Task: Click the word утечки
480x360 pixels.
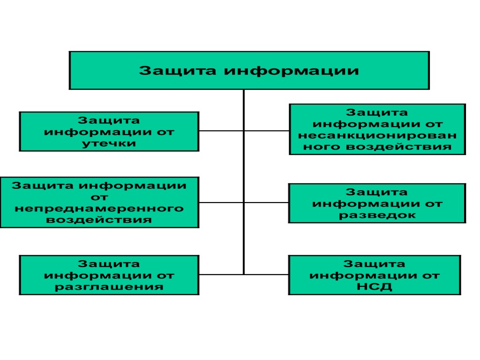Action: coord(109,143)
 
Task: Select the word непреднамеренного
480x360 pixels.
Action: coord(99,208)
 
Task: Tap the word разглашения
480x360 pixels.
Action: coord(109,286)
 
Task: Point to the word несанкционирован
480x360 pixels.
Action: coord(377,135)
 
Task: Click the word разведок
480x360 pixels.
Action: coord(377,215)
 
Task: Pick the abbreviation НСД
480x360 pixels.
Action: coord(374,286)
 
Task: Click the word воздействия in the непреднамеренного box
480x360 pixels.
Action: coord(99,219)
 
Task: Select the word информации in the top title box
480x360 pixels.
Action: coord(290,71)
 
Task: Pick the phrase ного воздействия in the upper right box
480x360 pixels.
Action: coord(377,147)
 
